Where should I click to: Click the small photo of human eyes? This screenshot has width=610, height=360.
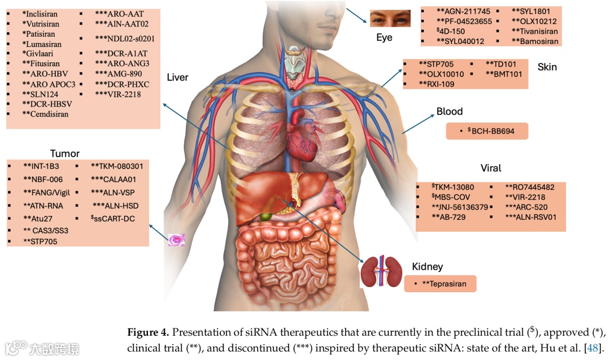point(390,19)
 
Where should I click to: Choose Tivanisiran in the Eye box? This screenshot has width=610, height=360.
point(535,31)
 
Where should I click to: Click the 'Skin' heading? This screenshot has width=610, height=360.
point(547,67)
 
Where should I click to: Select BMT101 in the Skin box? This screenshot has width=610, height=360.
point(504,74)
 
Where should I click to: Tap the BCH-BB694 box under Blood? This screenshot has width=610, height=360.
point(487,131)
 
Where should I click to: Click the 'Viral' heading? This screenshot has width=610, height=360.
point(490,168)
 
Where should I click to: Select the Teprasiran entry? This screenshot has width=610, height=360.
point(444,284)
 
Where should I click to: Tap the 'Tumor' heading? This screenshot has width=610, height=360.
point(64,153)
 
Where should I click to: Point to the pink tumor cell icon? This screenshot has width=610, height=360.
point(177,240)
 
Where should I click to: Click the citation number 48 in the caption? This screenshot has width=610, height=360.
point(592,346)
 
